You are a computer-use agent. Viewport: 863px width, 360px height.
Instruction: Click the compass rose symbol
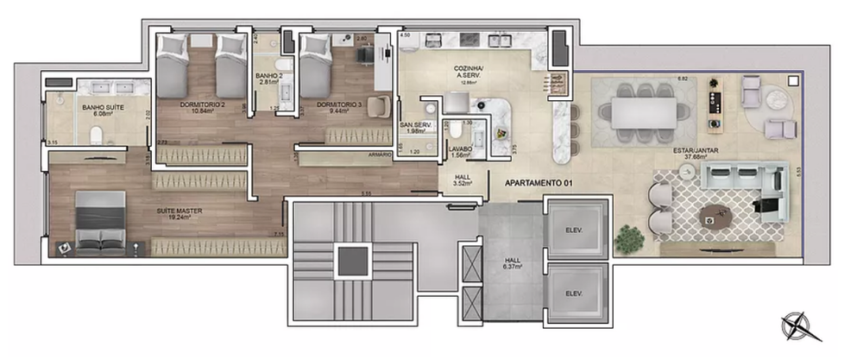click(795, 327)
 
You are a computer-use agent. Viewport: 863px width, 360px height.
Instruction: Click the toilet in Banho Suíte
click(98, 134)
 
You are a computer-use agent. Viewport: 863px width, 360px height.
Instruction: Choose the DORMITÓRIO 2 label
click(203, 107)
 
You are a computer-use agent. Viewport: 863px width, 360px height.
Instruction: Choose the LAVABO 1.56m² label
click(460, 152)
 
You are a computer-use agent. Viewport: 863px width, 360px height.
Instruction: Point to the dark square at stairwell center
click(350, 261)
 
